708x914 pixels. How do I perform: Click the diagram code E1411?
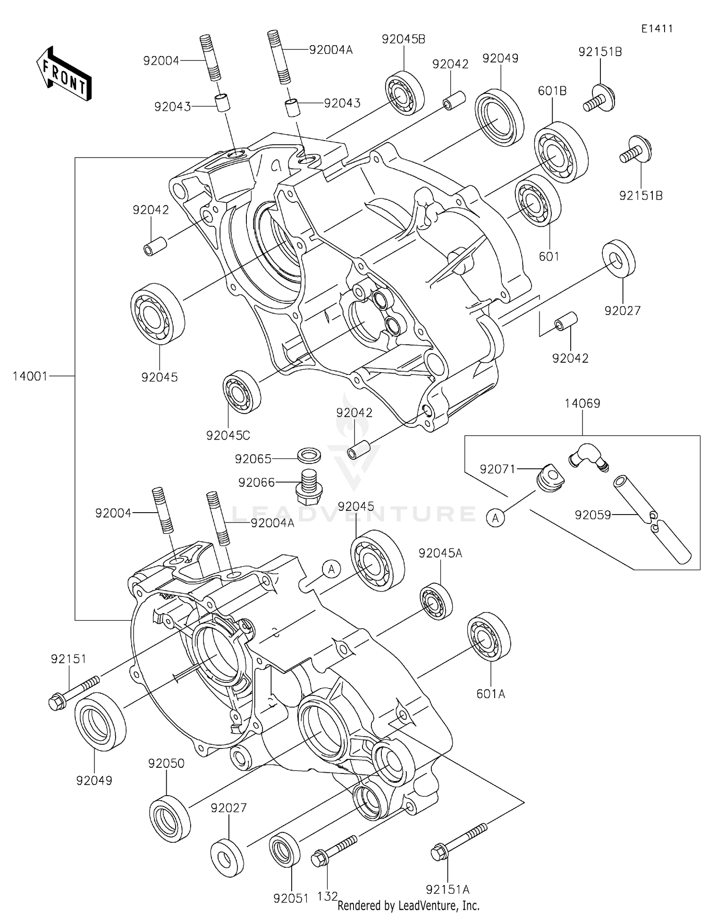[657, 29]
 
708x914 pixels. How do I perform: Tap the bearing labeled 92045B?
[404, 93]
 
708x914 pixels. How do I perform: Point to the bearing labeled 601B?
[561, 152]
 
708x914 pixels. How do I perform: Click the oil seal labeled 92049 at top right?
[499, 116]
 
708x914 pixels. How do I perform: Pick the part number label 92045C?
[228, 435]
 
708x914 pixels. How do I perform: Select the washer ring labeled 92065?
[309, 456]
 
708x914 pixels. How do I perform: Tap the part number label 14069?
[582, 404]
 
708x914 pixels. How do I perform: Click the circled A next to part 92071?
[495, 518]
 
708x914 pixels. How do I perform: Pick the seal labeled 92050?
[170, 817]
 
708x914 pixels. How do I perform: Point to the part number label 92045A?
[440, 553]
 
